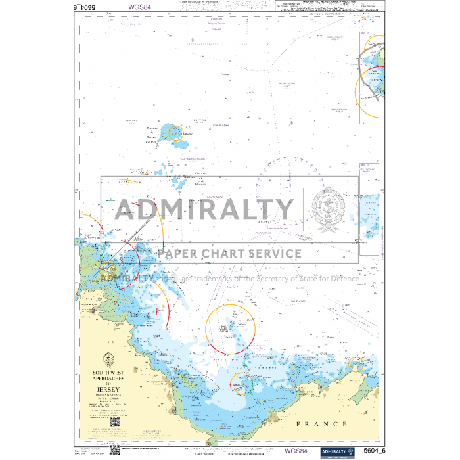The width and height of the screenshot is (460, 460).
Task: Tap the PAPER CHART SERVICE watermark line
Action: [x=229, y=254]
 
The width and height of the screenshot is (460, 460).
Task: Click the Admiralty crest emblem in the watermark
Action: [x=329, y=210]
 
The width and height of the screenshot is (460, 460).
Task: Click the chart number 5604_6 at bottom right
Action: [x=373, y=451]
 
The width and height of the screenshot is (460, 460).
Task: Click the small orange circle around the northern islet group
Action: [x=175, y=133]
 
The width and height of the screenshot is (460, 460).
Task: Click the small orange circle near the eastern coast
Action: [x=356, y=363]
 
